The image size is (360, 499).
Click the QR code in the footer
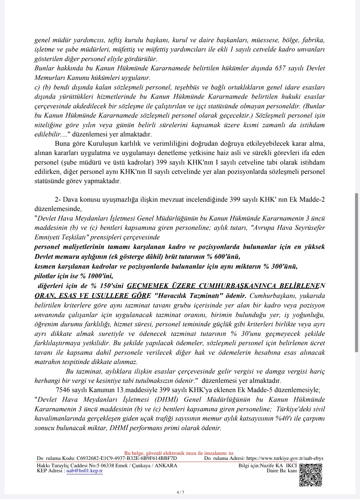point(310,475)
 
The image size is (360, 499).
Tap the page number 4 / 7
point(180,492)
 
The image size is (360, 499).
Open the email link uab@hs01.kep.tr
point(84,471)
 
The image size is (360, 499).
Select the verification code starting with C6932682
point(127,458)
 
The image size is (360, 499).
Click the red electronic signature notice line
point(179,453)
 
